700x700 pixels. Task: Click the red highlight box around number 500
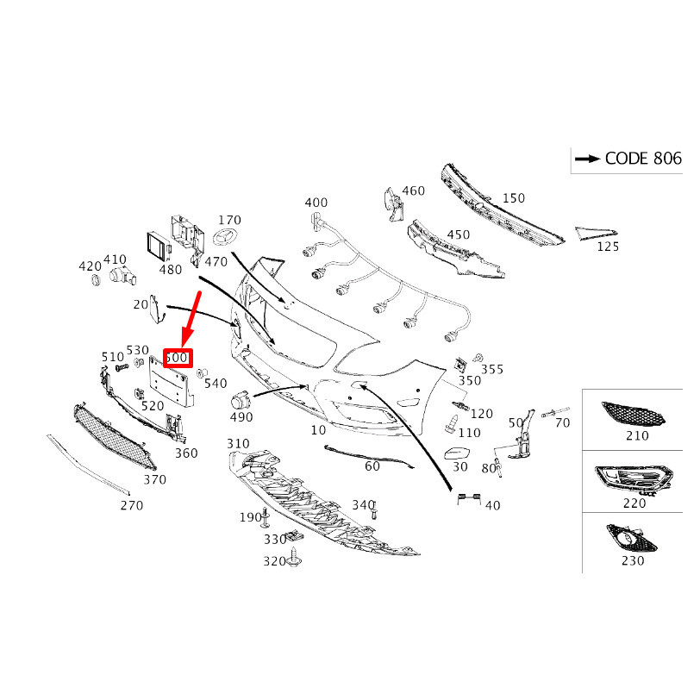178,358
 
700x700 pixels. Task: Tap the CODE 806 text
642,158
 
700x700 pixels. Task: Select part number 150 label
514,198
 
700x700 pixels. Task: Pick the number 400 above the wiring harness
316,203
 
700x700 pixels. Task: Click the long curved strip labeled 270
85,466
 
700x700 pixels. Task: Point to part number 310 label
238,443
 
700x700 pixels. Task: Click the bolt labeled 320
295,559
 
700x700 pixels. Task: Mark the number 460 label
413,191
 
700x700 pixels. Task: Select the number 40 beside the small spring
492,505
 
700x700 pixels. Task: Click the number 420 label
90,266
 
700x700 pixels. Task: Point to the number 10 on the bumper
319,429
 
